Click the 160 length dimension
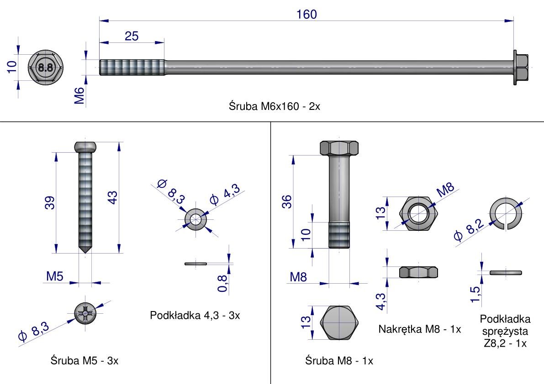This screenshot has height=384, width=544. pos(306,15)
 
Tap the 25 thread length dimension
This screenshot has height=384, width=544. pos(132,36)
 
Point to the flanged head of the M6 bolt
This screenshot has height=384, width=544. pos(520,67)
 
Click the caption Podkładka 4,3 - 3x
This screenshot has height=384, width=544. pos(195,316)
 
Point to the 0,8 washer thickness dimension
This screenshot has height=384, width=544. pos(222,283)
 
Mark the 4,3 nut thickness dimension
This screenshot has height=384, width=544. pos(380,301)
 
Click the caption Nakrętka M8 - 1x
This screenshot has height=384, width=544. pos(420,329)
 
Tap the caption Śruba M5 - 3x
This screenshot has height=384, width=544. pos(85,361)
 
